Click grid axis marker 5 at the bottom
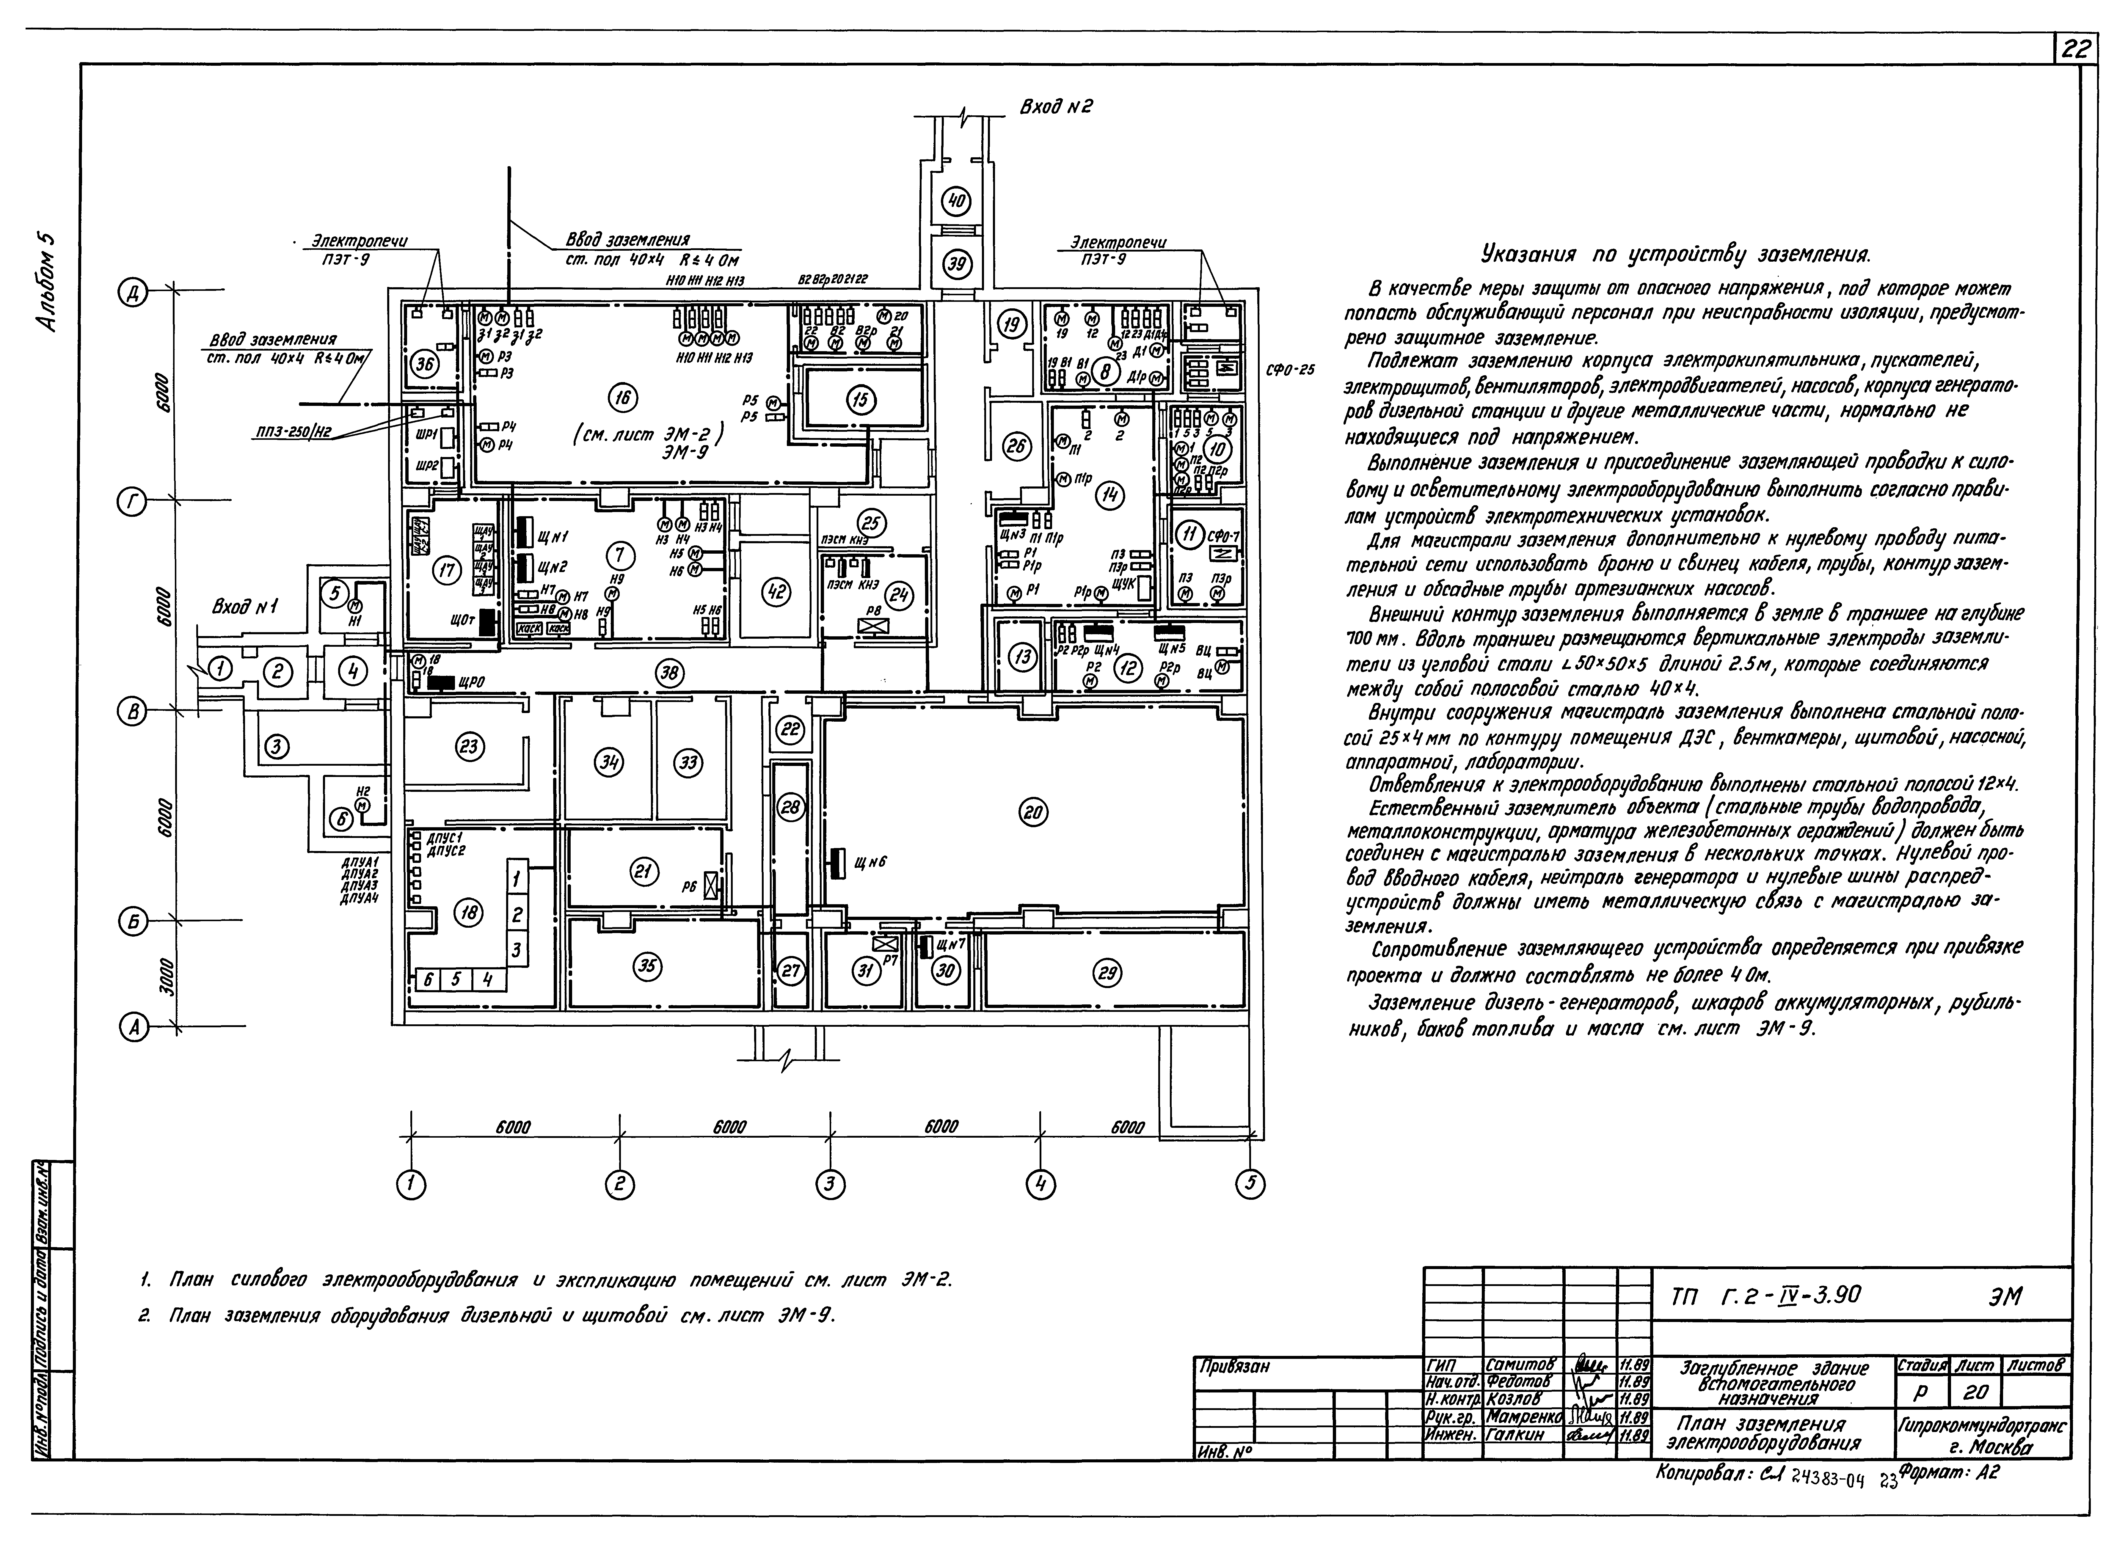click(x=1250, y=1185)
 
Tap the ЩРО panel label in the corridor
click(x=471, y=683)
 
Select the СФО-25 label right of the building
click(x=1290, y=370)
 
